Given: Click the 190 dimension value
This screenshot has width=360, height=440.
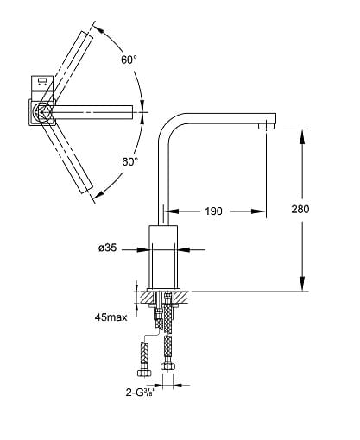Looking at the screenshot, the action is (x=213, y=211).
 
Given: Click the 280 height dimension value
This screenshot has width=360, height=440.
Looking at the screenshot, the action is (x=300, y=209).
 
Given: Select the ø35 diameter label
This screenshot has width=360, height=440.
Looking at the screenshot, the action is (x=108, y=248).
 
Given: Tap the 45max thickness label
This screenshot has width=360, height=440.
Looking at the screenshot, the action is (x=111, y=317).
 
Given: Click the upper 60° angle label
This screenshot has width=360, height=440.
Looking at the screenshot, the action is (x=129, y=60).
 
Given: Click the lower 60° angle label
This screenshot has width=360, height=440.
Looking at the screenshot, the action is (x=130, y=161).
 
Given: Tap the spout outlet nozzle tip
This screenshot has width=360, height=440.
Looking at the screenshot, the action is (x=267, y=126).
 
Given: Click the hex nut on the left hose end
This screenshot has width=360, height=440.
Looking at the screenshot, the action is (x=144, y=373).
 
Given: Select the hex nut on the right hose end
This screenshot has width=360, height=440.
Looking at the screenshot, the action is (x=167, y=366).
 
